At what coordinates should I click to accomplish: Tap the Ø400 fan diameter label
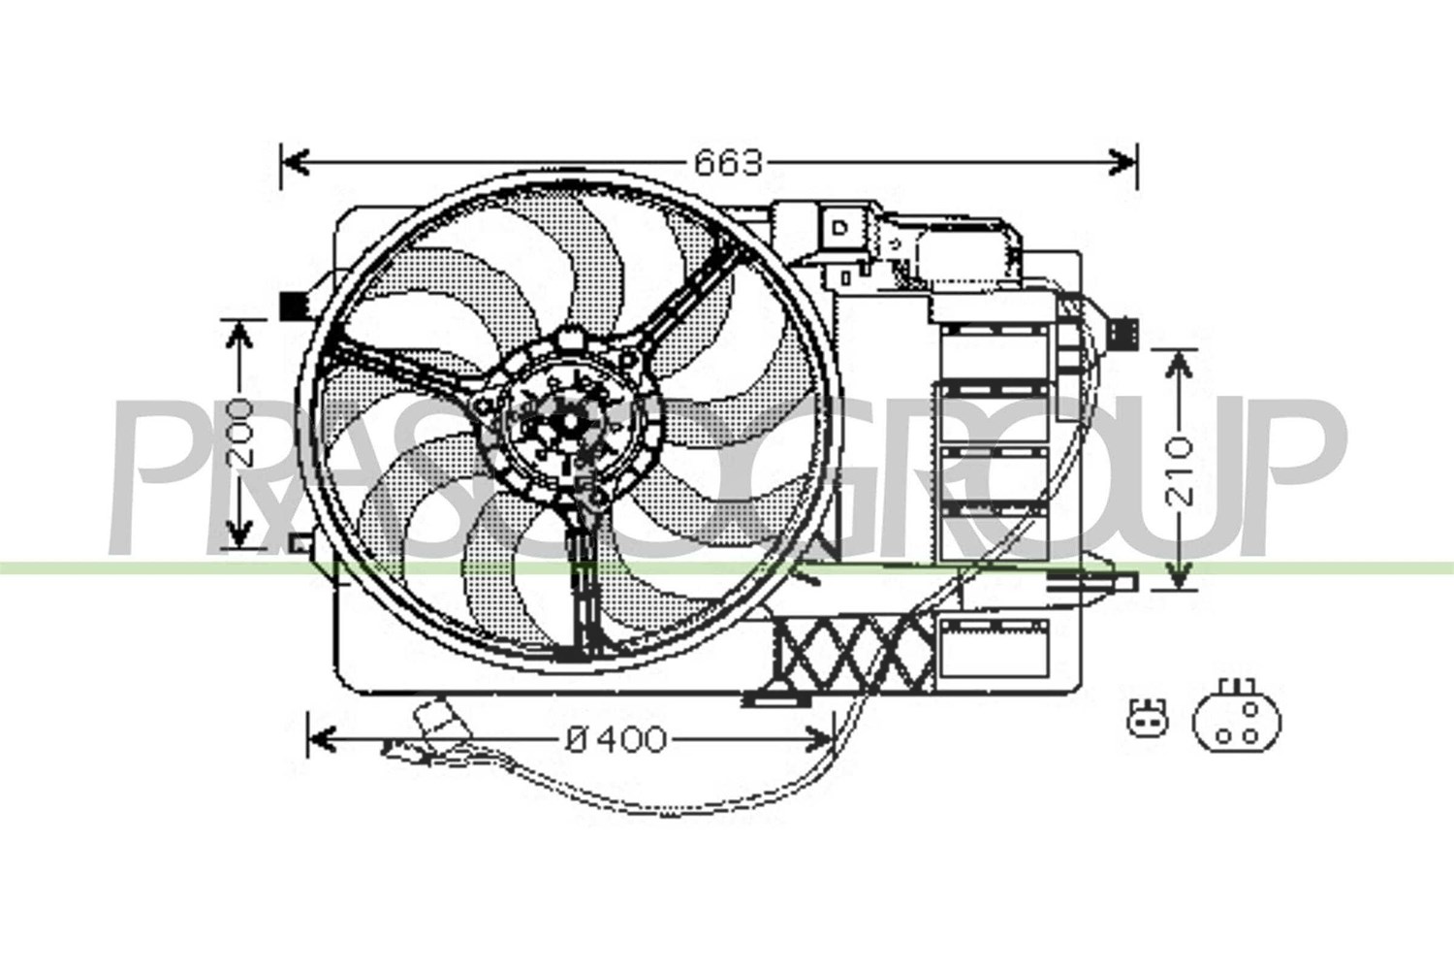click(616, 739)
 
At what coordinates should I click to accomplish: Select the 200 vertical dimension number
click(239, 433)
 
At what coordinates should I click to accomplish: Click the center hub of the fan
click(570, 422)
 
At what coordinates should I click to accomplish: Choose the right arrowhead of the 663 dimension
click(1122, 162)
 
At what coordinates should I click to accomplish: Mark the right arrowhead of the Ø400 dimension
click(818, 739)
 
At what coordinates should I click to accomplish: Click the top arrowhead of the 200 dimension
click(239, 336)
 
